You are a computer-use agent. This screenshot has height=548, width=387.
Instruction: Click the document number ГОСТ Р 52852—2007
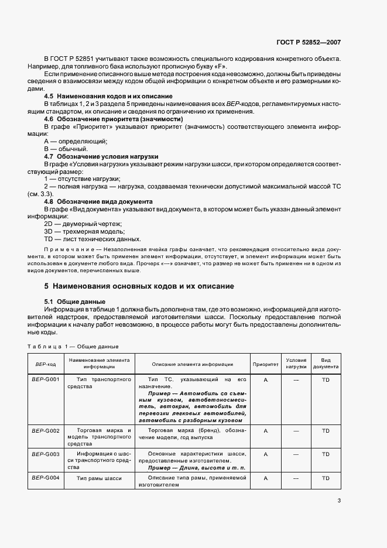coord(309,42)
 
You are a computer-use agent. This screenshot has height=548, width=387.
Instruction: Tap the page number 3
coord(339,500)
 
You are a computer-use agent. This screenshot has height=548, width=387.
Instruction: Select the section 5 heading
coord(139,286)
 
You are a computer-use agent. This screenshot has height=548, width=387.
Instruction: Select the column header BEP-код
coord(45,364)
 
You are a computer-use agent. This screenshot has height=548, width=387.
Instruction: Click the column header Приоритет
coord(265,364)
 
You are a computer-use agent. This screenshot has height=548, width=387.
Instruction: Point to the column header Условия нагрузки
coord(296,364)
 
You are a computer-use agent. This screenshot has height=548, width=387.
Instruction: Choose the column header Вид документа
coord(326,364)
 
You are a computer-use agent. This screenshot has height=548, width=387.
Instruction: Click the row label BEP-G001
coord(45,380)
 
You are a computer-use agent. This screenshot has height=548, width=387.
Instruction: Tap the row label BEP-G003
coord(45,454)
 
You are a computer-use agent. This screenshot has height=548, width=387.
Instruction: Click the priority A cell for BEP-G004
coord(265,478)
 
